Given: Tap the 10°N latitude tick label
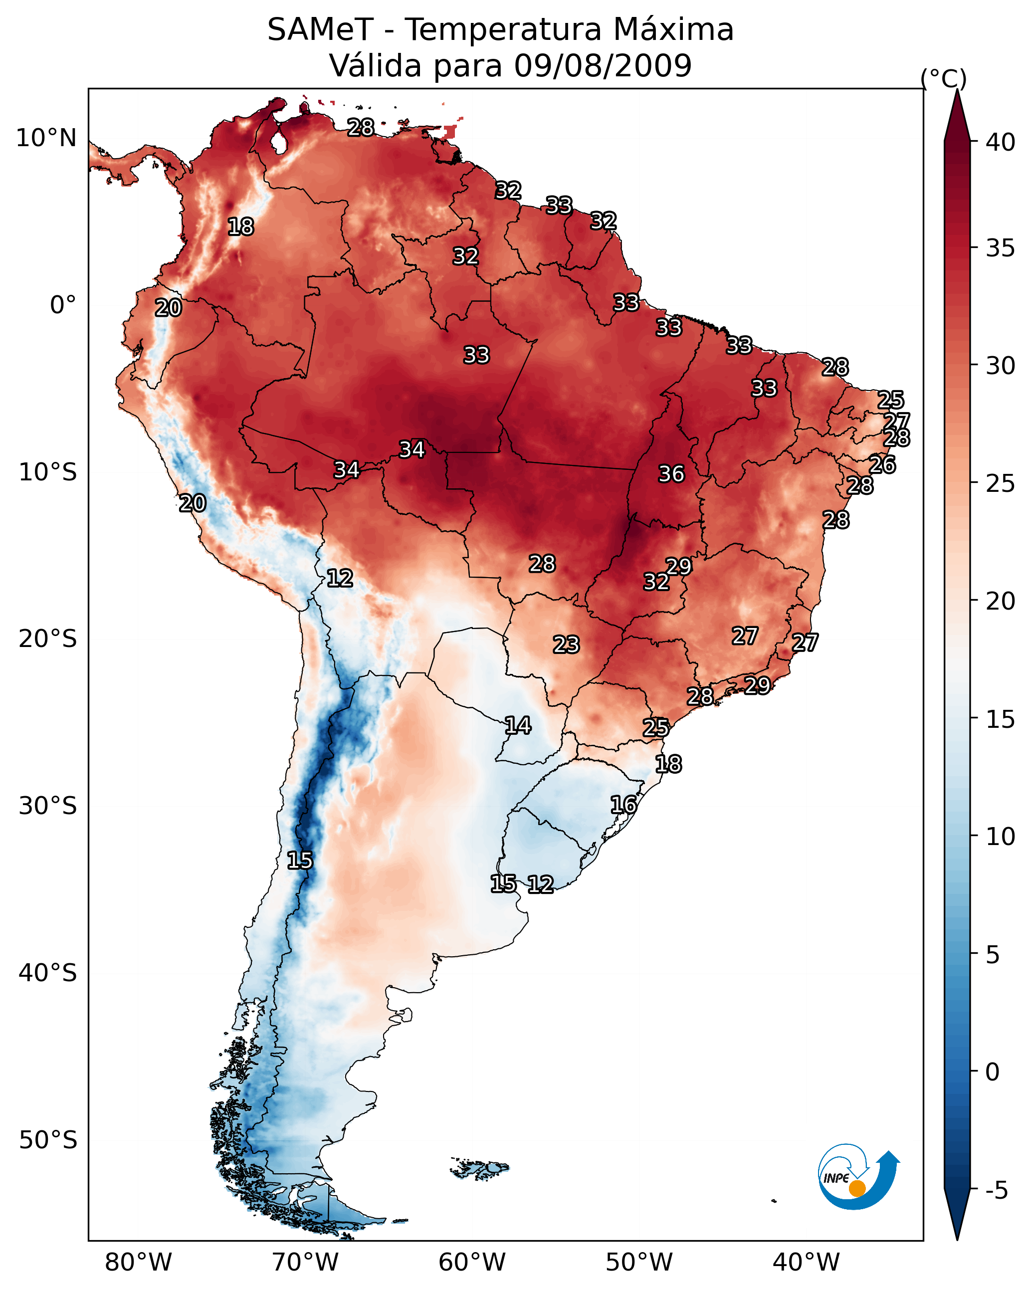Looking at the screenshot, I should [46, 138].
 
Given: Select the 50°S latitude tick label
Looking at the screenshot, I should [48, 1140].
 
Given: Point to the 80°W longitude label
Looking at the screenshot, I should [138, 1262].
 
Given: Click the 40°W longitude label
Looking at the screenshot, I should [806, 1262].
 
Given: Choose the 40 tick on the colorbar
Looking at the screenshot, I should [1000, 142].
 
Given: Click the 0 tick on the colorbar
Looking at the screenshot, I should [992, 1072].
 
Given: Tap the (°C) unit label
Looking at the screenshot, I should [943, 78].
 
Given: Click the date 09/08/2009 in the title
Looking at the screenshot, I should [602, 66].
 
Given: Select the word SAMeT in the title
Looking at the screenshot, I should [320, 30].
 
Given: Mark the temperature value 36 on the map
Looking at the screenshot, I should [671, 474].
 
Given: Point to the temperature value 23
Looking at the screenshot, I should [566, 645].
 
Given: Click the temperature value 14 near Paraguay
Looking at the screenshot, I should [518, 726].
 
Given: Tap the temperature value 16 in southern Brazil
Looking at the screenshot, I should [623, 805].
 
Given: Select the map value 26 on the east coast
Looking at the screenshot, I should [882, 465].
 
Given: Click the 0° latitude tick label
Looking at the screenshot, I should [63, 305].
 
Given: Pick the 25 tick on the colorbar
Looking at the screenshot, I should [1000, 483].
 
